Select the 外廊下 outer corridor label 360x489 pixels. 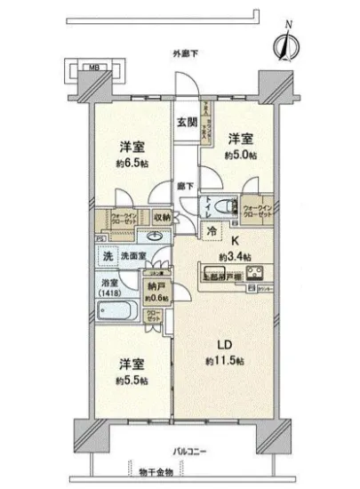[x=185, y=56]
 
